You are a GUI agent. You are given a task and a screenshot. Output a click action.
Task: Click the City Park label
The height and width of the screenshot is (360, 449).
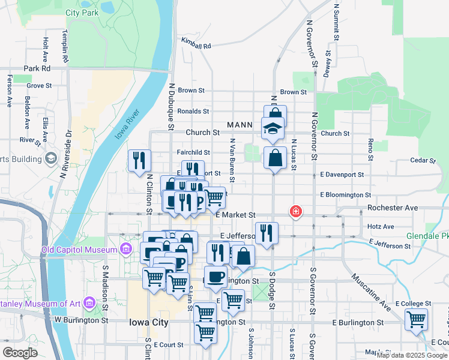tap(82, 13)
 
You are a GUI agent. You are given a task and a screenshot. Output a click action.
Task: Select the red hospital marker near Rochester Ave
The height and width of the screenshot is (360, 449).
tap(295, 211)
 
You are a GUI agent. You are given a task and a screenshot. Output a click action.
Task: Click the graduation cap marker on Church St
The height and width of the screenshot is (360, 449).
tap(273, 129)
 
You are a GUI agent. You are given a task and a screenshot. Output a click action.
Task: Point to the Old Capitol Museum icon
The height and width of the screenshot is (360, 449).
tap(125, 249)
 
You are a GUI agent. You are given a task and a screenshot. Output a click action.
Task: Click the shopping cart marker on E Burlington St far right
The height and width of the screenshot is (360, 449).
tap(416, 320)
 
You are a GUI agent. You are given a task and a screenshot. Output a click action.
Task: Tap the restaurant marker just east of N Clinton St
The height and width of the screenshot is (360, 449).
tap(139, 161)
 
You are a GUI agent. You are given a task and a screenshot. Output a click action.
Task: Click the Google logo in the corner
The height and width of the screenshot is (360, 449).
tap(20, 352)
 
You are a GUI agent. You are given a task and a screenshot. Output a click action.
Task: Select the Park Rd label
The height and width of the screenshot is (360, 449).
tap(37, 68)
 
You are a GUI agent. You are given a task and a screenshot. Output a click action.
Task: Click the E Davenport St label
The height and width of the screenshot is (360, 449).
tap(342, 175)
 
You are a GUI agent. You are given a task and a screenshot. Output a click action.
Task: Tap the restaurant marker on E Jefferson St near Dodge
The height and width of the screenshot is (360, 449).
tap(267, 233)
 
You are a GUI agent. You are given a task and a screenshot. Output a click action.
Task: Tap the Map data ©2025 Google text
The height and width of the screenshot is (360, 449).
tap(412, 355)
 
